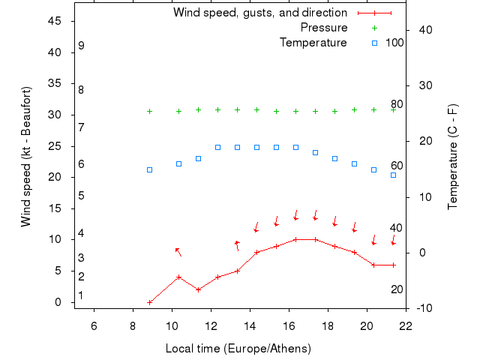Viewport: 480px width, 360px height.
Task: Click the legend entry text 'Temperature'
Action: click(313, 43)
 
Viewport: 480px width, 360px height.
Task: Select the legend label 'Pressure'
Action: click(324, 28)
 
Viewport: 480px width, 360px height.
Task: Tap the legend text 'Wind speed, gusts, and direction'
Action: click(259, 13)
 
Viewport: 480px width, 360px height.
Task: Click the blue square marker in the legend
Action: click(374, 43)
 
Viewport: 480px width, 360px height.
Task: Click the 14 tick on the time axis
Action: click(250, 325)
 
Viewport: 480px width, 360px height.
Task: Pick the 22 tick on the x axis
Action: click(406, 325)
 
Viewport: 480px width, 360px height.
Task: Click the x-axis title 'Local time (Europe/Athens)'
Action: click(238, 349)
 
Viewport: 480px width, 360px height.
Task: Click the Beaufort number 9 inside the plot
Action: click(81, 46)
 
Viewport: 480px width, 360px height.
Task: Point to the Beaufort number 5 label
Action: click(81, 196)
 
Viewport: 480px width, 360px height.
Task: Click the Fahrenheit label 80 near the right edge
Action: click(397, 104)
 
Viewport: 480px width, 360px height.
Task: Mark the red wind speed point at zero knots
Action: click(150, 302)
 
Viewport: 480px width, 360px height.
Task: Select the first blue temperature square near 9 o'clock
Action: click(149, 169)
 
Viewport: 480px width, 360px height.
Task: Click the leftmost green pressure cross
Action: click(149, 111)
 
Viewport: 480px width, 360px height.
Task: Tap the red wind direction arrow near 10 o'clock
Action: click(178, 252)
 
